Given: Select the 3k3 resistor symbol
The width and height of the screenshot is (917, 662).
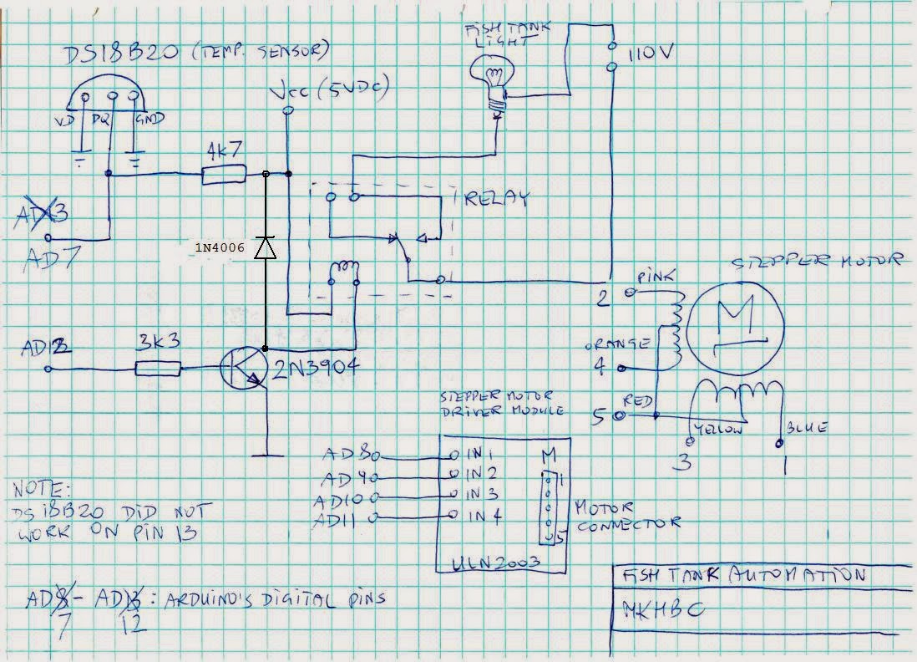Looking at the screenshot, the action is coord(157,369).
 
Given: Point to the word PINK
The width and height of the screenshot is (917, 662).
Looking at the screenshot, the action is coord(652,276).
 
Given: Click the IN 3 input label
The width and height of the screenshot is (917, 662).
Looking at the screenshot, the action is coord(484,493).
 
